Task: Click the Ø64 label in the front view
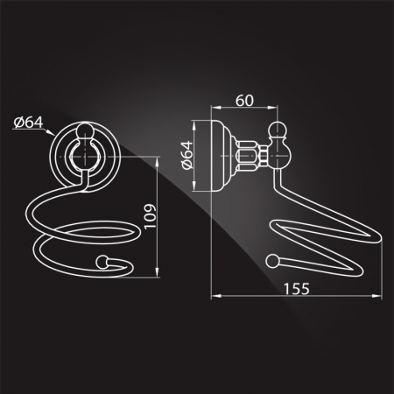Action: pos(28,123)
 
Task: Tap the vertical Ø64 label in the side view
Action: pos(187,155)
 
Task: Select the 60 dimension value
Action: pos(244,101)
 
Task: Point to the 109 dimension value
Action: pos(150,216)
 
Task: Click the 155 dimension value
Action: pos(296,289)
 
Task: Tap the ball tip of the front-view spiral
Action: pos(102,261)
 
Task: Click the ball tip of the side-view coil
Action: pos(272,260)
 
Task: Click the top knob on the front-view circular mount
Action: pos(85,130)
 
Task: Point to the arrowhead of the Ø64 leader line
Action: pos(51,133)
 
